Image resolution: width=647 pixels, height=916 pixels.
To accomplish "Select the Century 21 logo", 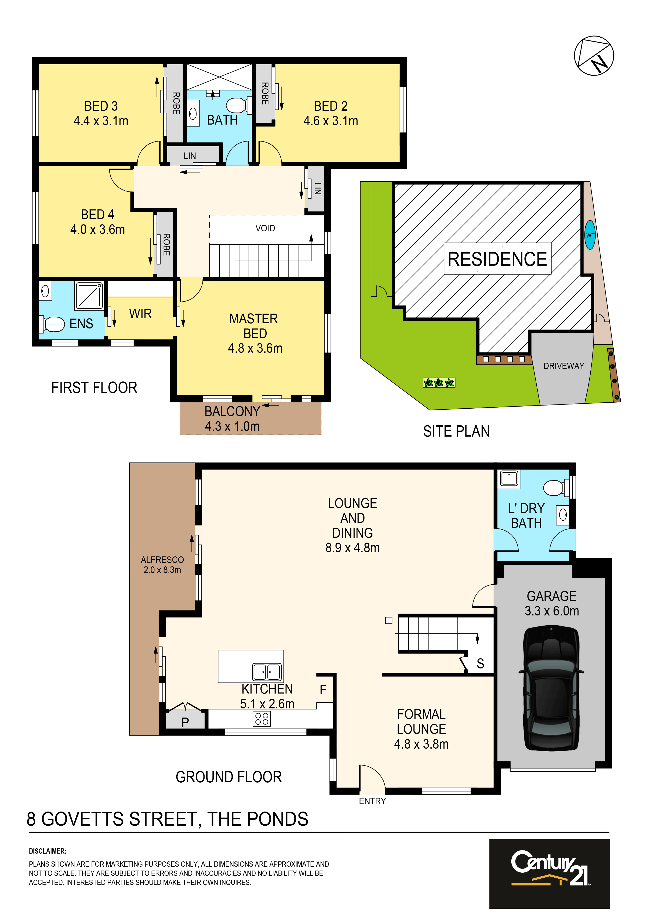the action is (x=550, y=874).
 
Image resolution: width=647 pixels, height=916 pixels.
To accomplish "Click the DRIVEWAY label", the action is (x=564, y=366).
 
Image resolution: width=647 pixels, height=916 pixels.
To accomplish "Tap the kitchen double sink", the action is (x=267, y=672).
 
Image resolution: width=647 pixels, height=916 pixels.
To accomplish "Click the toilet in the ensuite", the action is (x=52, y=324).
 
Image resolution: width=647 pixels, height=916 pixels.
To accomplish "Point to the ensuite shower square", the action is (x=89, y=296).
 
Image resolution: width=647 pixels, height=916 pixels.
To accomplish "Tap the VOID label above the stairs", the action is (x=265, y=228).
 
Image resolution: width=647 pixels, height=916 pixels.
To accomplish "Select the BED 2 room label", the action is (x=331, y=106).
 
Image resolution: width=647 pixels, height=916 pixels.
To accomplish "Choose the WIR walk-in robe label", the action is (x=140, y=314).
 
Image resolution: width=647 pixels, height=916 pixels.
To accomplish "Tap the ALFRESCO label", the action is (x=162, y=560).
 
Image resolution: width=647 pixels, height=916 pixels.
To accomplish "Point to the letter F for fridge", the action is (x=323, y=689).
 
